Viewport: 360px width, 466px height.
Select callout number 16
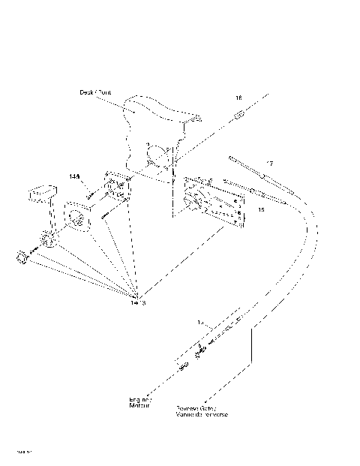(x=238, y=98)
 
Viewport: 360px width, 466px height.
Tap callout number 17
(x=269, y=163)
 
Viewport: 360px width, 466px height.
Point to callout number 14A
(x=74, y=177)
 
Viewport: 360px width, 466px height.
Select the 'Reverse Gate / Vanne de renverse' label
(x=202, y=410)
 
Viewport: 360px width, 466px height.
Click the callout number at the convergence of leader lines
(x=136, y=302)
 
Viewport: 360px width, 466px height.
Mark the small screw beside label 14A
(x=90, y=194)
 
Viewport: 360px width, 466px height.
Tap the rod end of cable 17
(x=238, y=161)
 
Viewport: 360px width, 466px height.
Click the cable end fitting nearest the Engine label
(x=184, y=365)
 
